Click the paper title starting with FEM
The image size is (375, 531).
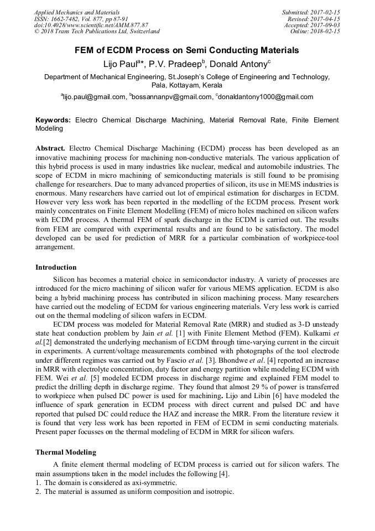(x=187, y=50)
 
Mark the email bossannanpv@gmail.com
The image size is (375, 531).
(x=173, y=97)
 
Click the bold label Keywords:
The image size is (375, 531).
(x=53, y=120)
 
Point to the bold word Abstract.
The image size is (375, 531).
(x=50, y=149)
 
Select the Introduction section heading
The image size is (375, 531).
(x=56, y=267)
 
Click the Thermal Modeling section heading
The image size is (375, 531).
(x=66, y=452)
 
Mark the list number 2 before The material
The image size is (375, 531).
(x=38, y=492)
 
